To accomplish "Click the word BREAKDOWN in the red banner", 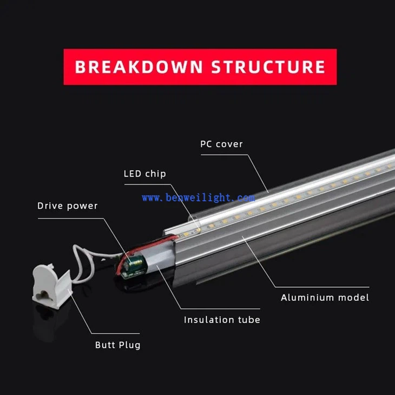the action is pos(139,67).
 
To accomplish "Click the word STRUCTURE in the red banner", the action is pos(268,67).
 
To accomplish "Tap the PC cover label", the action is pos(221,144).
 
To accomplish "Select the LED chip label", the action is pos(145,174).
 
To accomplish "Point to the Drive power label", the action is pos(67,206).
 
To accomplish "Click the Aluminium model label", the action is pos(325,298).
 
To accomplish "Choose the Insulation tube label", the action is pos(222,320).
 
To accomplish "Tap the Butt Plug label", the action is pos(117,345).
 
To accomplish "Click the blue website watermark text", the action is pos(198,198).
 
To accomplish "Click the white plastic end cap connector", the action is pos(52,286).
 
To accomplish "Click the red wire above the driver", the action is pos(149,246).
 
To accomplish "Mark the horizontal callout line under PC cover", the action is pos(224,155).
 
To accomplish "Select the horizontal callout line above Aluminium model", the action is pos(322,287).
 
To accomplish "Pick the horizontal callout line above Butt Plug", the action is pos(115,333).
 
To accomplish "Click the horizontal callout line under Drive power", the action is pos(71,219).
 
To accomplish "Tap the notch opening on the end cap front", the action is pos(43,294).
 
